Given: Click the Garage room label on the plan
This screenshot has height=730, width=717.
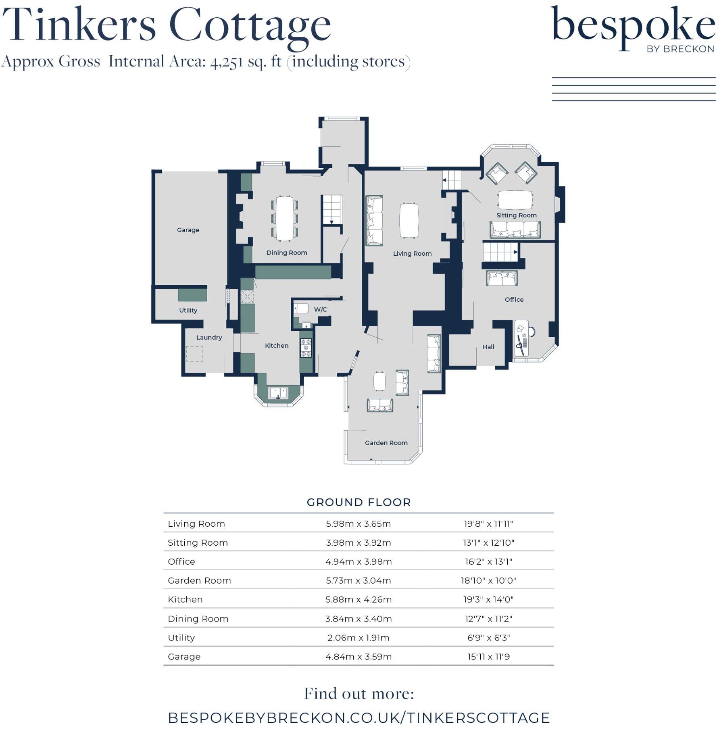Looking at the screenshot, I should [188, 230].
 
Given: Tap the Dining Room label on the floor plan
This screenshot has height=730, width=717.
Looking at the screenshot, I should [286, 253].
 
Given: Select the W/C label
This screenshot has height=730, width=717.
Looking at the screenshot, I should [320, 309].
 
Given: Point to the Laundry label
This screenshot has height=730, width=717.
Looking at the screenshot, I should [209, 338].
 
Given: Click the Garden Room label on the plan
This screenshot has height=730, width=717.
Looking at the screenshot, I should [386, 443].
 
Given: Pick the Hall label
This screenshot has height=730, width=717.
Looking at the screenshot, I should [488, 347].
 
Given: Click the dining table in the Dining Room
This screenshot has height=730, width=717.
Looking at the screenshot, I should [285, 218].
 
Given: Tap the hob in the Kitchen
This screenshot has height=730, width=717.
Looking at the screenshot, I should [306, 348].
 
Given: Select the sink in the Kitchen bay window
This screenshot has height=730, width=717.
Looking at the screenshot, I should [278, 392].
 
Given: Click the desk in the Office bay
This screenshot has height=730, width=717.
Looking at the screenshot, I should [521, 338].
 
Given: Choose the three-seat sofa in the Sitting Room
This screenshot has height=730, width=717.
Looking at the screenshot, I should [515, 230].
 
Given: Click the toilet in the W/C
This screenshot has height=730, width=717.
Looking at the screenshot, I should [301, 309].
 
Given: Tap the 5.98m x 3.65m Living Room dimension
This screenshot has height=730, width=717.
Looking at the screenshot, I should [358, 524].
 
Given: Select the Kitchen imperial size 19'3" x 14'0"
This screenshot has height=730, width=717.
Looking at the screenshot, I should [488, 600].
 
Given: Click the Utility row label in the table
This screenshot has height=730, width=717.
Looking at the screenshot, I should [181, 638].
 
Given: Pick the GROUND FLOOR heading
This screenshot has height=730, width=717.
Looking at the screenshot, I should [358, 503].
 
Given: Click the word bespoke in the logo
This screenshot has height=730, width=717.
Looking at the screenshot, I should [632, 26].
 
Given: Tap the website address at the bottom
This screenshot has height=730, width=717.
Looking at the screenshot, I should [358, 718].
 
